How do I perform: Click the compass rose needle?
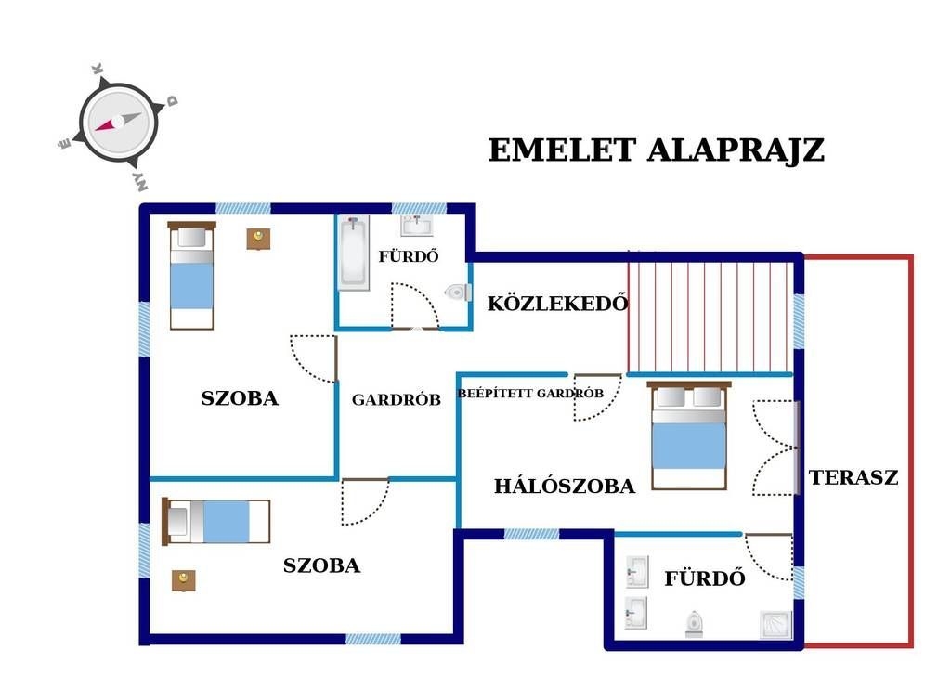coord(118,122)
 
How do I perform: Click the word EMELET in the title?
coord(562,150)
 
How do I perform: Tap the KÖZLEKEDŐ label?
coord(557,303)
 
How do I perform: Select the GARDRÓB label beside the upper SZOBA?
coord(396,399)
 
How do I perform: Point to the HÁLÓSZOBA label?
coord(565,486)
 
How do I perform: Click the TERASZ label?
coord(853,477)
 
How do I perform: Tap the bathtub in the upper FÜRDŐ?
coord(354,253)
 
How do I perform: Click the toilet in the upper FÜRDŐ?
coord(459,292)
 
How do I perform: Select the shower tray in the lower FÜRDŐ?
coord(776,625)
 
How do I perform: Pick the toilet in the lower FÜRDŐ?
coord(695,624)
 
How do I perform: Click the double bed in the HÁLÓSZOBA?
coord(689,435)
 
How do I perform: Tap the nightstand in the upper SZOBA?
coord(258,239)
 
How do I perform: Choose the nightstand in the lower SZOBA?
coord(184,580)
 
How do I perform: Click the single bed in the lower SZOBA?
coord(215,522)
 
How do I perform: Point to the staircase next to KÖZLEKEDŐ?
coord(710,312)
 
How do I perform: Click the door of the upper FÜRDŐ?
coord(415,306)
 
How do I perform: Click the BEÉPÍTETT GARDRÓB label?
coord(530,393)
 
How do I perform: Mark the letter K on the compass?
coord(97,69)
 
